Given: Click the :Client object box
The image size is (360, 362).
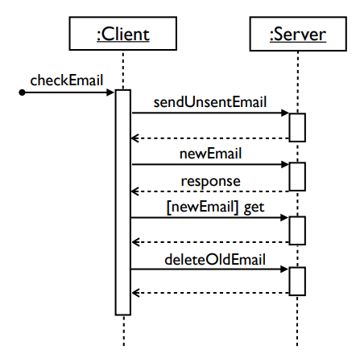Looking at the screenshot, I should coord(122,35).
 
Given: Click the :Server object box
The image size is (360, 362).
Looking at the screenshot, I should coord(298,35).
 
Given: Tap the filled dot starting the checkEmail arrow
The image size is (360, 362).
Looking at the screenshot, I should coord(23,93).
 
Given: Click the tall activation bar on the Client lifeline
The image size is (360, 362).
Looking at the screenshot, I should coord(122,201).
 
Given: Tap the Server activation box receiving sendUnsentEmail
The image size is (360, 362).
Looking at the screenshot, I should coord(297,126).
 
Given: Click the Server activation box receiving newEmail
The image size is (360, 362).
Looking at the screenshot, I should coord(297,177).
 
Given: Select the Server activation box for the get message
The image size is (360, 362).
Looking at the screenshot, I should coord(297,229).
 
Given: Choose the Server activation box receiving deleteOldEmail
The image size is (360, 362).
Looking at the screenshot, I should coord(297,281).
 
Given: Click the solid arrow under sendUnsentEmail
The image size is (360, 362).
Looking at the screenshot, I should coord(209,114).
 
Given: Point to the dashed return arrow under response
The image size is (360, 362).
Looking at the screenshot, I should coord(209,191).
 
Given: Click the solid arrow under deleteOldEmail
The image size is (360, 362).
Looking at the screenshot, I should coord(209,269).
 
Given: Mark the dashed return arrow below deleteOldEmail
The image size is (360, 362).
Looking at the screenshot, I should coord(209,294).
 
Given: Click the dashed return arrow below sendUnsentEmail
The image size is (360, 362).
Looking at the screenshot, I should coord(209,139).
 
